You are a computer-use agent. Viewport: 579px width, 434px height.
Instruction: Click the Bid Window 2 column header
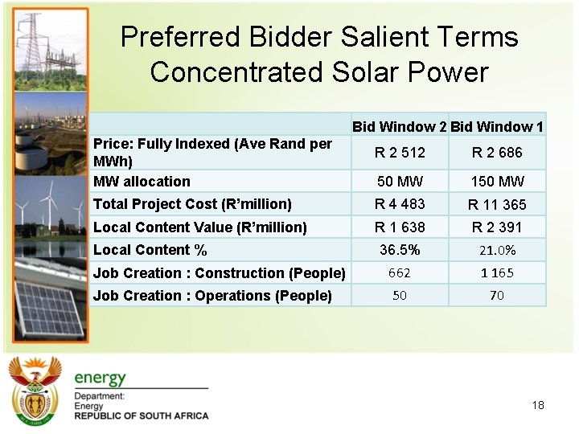pyautogui.click(x=399, y=126)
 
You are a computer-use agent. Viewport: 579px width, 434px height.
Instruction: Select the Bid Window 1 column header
pyautogui.click(x=497, y=126)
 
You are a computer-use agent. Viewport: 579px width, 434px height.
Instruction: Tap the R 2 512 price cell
pyautogui.click(x=400, y=153)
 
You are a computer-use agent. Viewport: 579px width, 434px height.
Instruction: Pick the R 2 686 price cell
pyautogui.click(x=497, y=153)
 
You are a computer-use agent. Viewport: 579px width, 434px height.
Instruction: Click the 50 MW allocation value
pyautogui.click(x=400, y=182)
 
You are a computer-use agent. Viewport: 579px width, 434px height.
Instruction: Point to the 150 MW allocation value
pyautogui.click(x=497, y=182)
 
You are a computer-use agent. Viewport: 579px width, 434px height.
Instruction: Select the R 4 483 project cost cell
pyautogui.click(x=400, y=204)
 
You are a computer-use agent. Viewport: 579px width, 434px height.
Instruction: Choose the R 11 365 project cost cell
pyautogui.click(x=497, y=205)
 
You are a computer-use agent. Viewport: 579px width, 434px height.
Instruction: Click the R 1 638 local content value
pyautogui.click(x=400, y=227)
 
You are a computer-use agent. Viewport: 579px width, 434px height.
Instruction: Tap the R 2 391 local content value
pyautogui.click(x=497, y=227)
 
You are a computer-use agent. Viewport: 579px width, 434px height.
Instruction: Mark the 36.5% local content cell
pyautogui.click(x=400, y=250)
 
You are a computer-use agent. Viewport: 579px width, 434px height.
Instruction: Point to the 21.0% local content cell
pyautogui.click(x=497, y=251)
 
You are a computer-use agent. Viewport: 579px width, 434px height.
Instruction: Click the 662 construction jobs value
pyautogui.click(x=400, y=273)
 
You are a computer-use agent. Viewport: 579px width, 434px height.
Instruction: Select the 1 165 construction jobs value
pyautogui.click(x=497, y=273)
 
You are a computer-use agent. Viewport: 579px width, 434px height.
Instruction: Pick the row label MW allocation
pyautogui.click(x=142, y=182)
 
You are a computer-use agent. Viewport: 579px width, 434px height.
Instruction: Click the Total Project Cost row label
pyautogui.click(x=192, y=204)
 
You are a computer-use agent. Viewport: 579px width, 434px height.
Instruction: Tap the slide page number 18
pyautogui.click(x=538, y=405)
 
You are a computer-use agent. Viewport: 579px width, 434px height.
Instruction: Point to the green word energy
pyautogui.click(x=101, y=378)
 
